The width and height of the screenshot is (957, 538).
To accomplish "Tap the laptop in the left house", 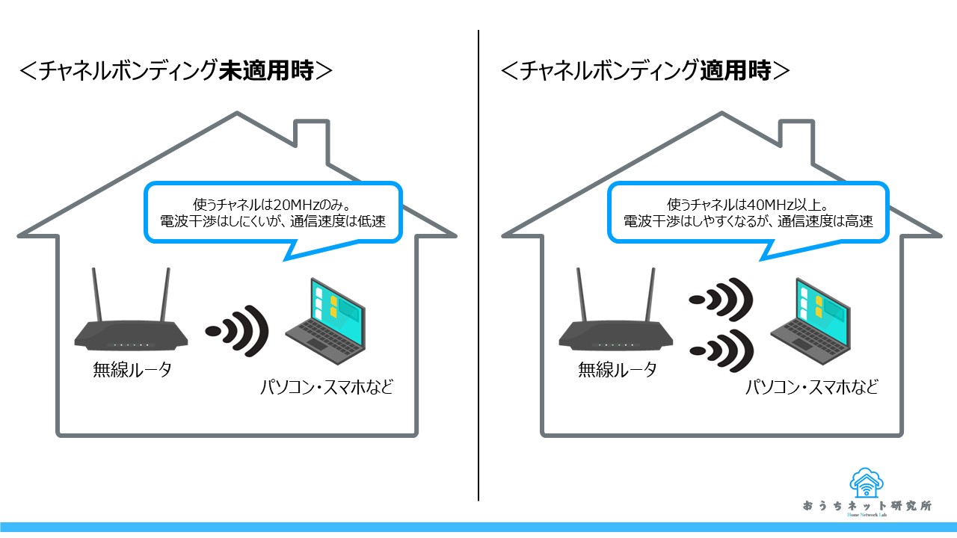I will (326, 320).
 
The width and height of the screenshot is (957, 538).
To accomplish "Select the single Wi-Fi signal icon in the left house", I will (239, 330).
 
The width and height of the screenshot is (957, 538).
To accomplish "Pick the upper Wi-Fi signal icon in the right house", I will (722, 300).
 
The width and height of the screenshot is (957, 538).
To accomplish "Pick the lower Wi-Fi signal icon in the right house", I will (722, 349).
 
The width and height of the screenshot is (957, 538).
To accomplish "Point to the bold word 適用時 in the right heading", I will (736, 71).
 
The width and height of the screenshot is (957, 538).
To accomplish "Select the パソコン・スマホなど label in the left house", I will (326, 388).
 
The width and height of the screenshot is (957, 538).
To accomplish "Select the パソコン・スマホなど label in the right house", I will (810, 388).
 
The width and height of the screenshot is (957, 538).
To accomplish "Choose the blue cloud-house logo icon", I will (868, 483).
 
